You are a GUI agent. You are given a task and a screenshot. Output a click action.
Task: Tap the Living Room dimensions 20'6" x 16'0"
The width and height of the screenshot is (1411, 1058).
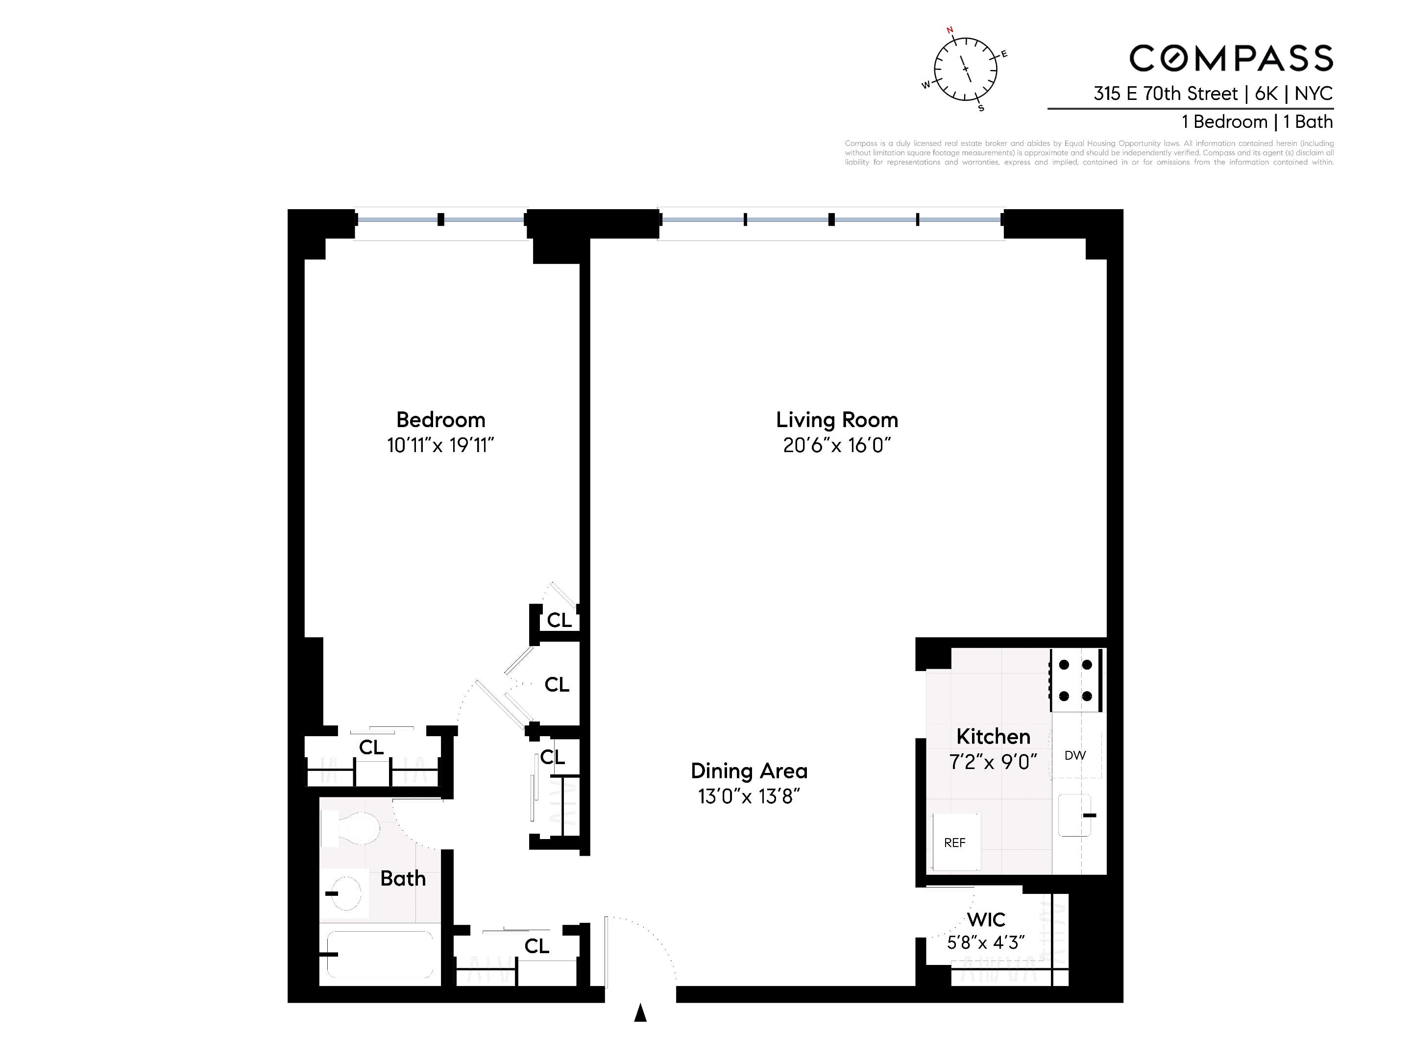836,445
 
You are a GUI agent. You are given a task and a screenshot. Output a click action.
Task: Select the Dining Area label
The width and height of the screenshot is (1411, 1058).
749,771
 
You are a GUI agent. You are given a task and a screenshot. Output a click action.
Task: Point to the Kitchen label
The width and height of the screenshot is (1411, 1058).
993,737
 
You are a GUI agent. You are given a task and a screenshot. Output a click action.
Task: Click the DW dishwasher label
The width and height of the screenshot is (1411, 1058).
1075,755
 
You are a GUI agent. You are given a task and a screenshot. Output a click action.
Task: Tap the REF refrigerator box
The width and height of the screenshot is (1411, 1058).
955,842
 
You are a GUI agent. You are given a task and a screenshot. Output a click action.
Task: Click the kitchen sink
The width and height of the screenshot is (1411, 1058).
1075,815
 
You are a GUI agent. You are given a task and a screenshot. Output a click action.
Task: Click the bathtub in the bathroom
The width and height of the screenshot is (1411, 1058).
380,954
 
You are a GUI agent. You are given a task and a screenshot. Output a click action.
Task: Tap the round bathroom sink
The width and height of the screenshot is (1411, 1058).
346,893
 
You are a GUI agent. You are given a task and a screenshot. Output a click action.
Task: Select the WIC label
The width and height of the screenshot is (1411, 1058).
986,919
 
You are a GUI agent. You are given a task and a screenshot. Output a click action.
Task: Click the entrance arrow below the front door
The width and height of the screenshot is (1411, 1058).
640,1013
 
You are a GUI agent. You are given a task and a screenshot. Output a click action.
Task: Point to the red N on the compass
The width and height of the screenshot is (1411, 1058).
949,30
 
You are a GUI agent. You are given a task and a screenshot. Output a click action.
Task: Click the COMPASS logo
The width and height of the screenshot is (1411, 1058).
1231,59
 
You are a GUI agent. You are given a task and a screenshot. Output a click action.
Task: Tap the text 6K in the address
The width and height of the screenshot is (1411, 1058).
1266,94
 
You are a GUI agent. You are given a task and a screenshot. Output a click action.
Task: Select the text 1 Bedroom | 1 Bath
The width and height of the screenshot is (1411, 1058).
1257,122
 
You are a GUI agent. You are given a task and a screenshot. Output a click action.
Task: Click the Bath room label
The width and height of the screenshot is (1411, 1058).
403,879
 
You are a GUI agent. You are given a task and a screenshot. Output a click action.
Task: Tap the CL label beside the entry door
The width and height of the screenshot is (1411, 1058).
536,946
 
